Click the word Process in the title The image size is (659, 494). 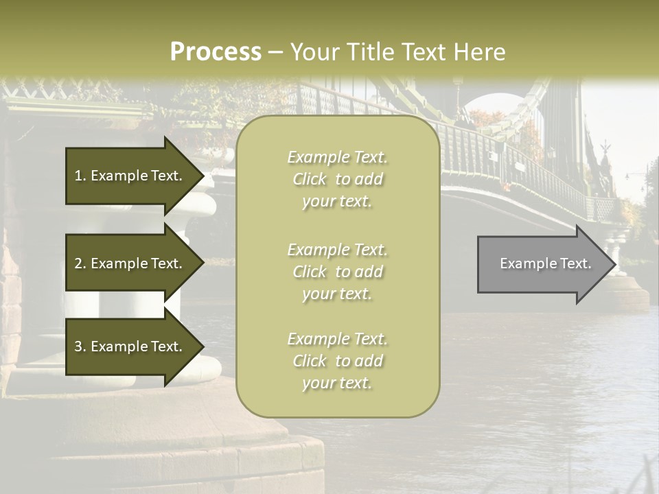(x=216, y=52)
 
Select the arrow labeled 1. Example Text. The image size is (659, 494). (x=130, y=176)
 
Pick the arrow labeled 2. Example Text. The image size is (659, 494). (x=130, y=263)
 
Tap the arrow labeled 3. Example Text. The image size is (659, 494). (x=130, y=346)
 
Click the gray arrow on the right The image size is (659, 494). (x=542, y=264)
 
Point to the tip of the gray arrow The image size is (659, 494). (x=614, y=264)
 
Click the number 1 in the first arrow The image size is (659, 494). (x=78, y=176)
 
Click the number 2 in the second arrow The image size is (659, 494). (x=78, y=263)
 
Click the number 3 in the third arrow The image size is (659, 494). (x=78, y=346)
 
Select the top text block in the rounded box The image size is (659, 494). (x=337, y=179)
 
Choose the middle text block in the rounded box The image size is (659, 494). (x=337, y=272)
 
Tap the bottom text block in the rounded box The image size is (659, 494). (x=337, y=361)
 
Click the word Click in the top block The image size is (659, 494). (x=310, y=179)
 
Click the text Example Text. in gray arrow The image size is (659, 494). (x=545, y=263)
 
